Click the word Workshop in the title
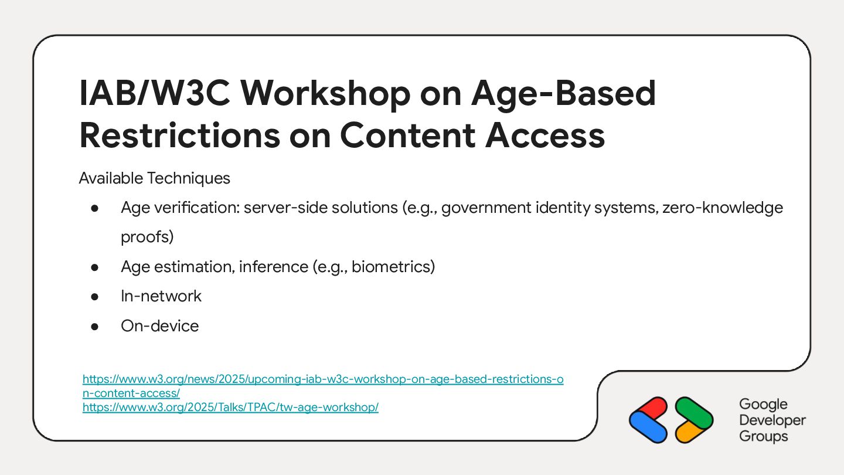pos(325,93)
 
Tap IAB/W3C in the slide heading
pos(155,93)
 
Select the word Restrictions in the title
pos(180,135)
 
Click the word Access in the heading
pos(545,135)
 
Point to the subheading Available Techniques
pos(155,178)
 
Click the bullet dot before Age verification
pos(94,208)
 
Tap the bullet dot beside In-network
pos(94,297)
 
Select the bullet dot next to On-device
pos(94,327)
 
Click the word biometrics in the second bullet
pos(393,266)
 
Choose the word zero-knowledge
pos(723,208)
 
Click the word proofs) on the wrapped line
pos(147,237)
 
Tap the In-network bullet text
pos(161,296)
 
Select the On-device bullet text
pos(160,325)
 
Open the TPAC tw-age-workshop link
pos(230,407)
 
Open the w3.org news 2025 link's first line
pos(323,379)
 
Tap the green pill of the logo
pos(694,412)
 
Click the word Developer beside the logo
pos(772,420)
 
